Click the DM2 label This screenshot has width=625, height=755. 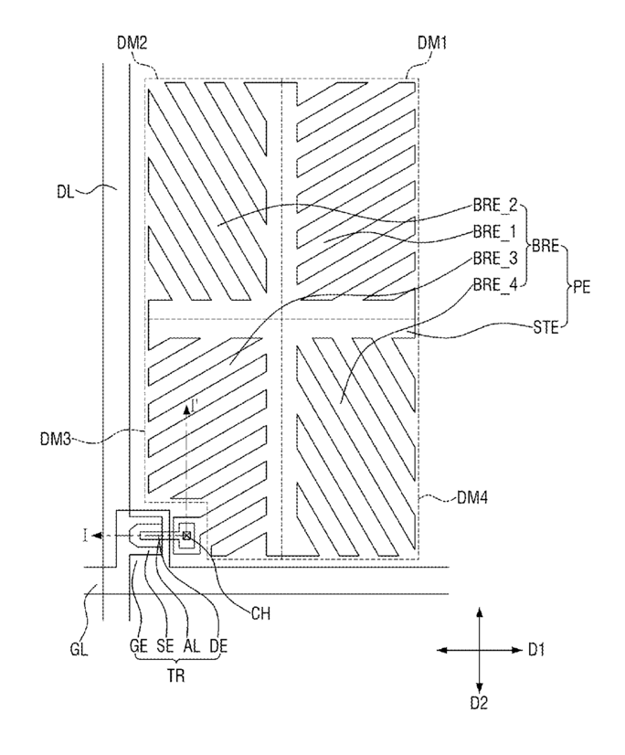coord(132,43)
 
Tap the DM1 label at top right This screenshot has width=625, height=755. coord(432,43)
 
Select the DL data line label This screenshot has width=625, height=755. coord(66,192)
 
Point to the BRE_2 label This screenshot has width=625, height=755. coord(495,206)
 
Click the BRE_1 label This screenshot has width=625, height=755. coord(494,232)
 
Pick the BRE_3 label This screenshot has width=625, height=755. coord(495,259)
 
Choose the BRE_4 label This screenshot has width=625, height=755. coord(495,285)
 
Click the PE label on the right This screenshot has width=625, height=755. coord(581,287)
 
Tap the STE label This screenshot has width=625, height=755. coord(546,328)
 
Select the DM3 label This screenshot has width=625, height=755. coord(56,439)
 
